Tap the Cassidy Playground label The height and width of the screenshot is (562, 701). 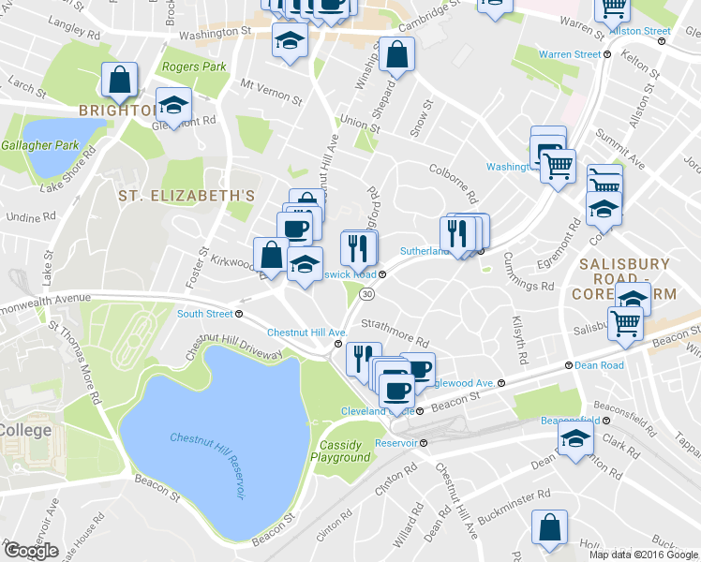tap(345, 451)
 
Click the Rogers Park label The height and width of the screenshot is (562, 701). tap(194, 67)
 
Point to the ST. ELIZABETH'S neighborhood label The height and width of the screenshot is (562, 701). tap(186, 196)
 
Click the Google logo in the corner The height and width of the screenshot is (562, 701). tap(31, 551)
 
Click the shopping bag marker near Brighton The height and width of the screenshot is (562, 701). tap(120, 81)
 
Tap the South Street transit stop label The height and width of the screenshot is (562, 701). tap(204, 314)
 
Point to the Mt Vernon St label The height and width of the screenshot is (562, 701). tap(271, 91)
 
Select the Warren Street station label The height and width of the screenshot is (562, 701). tap(569, 54)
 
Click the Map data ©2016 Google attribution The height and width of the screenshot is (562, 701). tap(643, 554)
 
